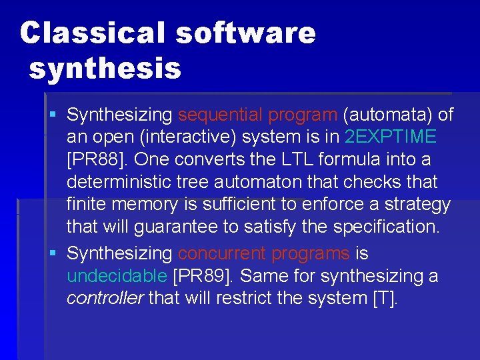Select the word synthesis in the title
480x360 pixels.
coord(105,68)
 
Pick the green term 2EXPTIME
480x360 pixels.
coord(391,137)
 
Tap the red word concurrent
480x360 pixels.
coord(222,254)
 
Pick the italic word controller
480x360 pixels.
coord(105,298)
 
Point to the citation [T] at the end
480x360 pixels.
coord(385,298)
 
